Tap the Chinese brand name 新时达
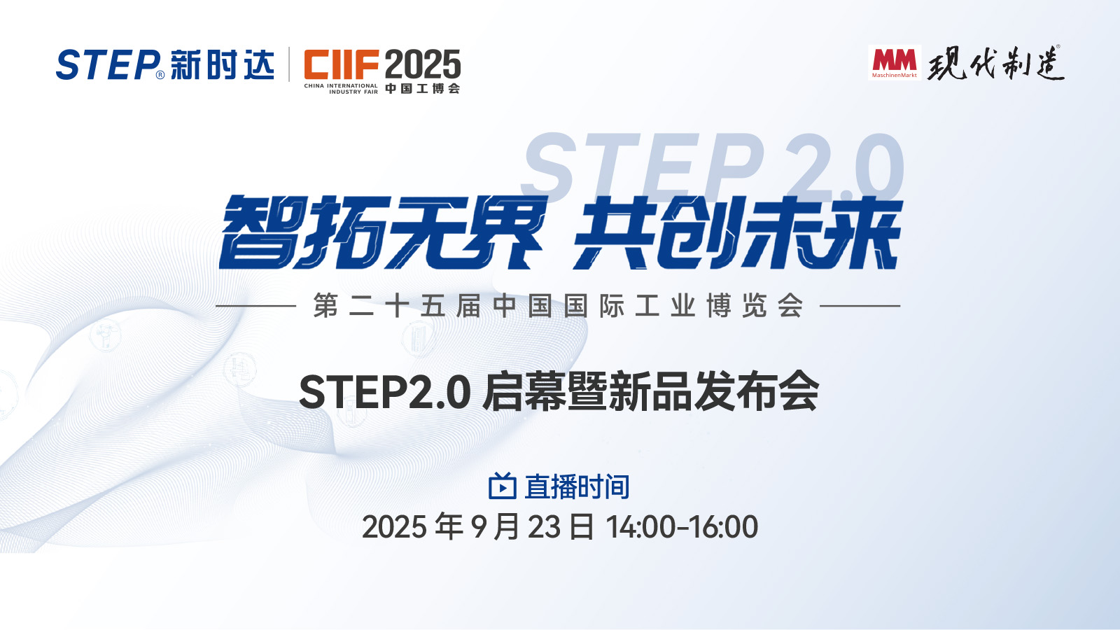point(222,64)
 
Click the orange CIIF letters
point(341,64)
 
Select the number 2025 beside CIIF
point(423,65)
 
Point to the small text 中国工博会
point(423,89)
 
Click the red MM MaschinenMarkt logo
point(895,62)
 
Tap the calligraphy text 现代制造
point(995,64)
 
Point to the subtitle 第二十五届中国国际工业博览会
point(558,306)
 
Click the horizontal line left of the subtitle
point(255,306)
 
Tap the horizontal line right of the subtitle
point(860,306)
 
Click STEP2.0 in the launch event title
point(384,392)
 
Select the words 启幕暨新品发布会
point(650,391)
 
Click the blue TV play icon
point(502,486)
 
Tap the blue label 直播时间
point(577,486)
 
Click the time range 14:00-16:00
point(682,527)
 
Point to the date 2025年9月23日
point(477,527)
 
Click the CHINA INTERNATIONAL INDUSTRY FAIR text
point(341,89)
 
